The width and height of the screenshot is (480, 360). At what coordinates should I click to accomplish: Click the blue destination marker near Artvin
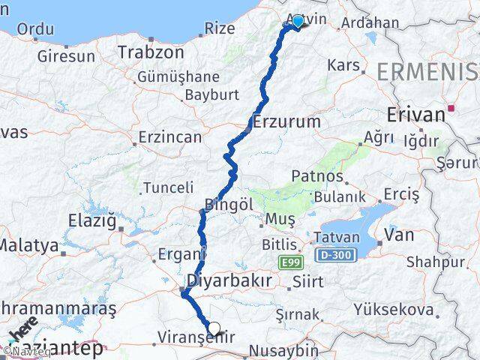298,22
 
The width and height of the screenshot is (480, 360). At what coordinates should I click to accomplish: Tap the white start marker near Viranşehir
214,328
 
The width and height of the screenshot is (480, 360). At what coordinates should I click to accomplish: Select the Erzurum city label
287,121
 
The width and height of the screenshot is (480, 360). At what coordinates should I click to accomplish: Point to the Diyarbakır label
228,280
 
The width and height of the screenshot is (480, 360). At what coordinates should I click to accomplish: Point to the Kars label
344,65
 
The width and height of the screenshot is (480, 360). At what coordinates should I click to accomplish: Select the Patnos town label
318,178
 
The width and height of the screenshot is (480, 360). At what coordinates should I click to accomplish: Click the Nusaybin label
283,349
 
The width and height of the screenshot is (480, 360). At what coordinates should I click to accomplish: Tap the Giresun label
67,55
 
